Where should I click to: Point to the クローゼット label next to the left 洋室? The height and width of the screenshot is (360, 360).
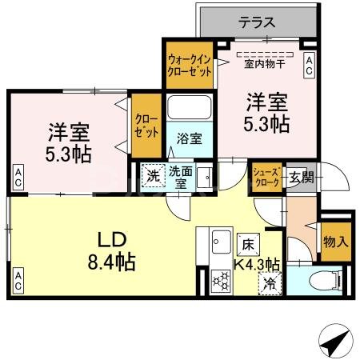coord(146,126)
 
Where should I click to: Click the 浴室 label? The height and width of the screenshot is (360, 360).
coord(190,138)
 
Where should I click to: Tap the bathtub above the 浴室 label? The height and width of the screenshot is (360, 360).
coord(190,109)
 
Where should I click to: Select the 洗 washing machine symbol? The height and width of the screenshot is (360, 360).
coord(151,173)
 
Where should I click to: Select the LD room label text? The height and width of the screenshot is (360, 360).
coord(110,249)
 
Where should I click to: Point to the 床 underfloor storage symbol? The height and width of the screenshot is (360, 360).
coord(246,244)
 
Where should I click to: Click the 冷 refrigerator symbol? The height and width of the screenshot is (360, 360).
coord(270,282)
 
